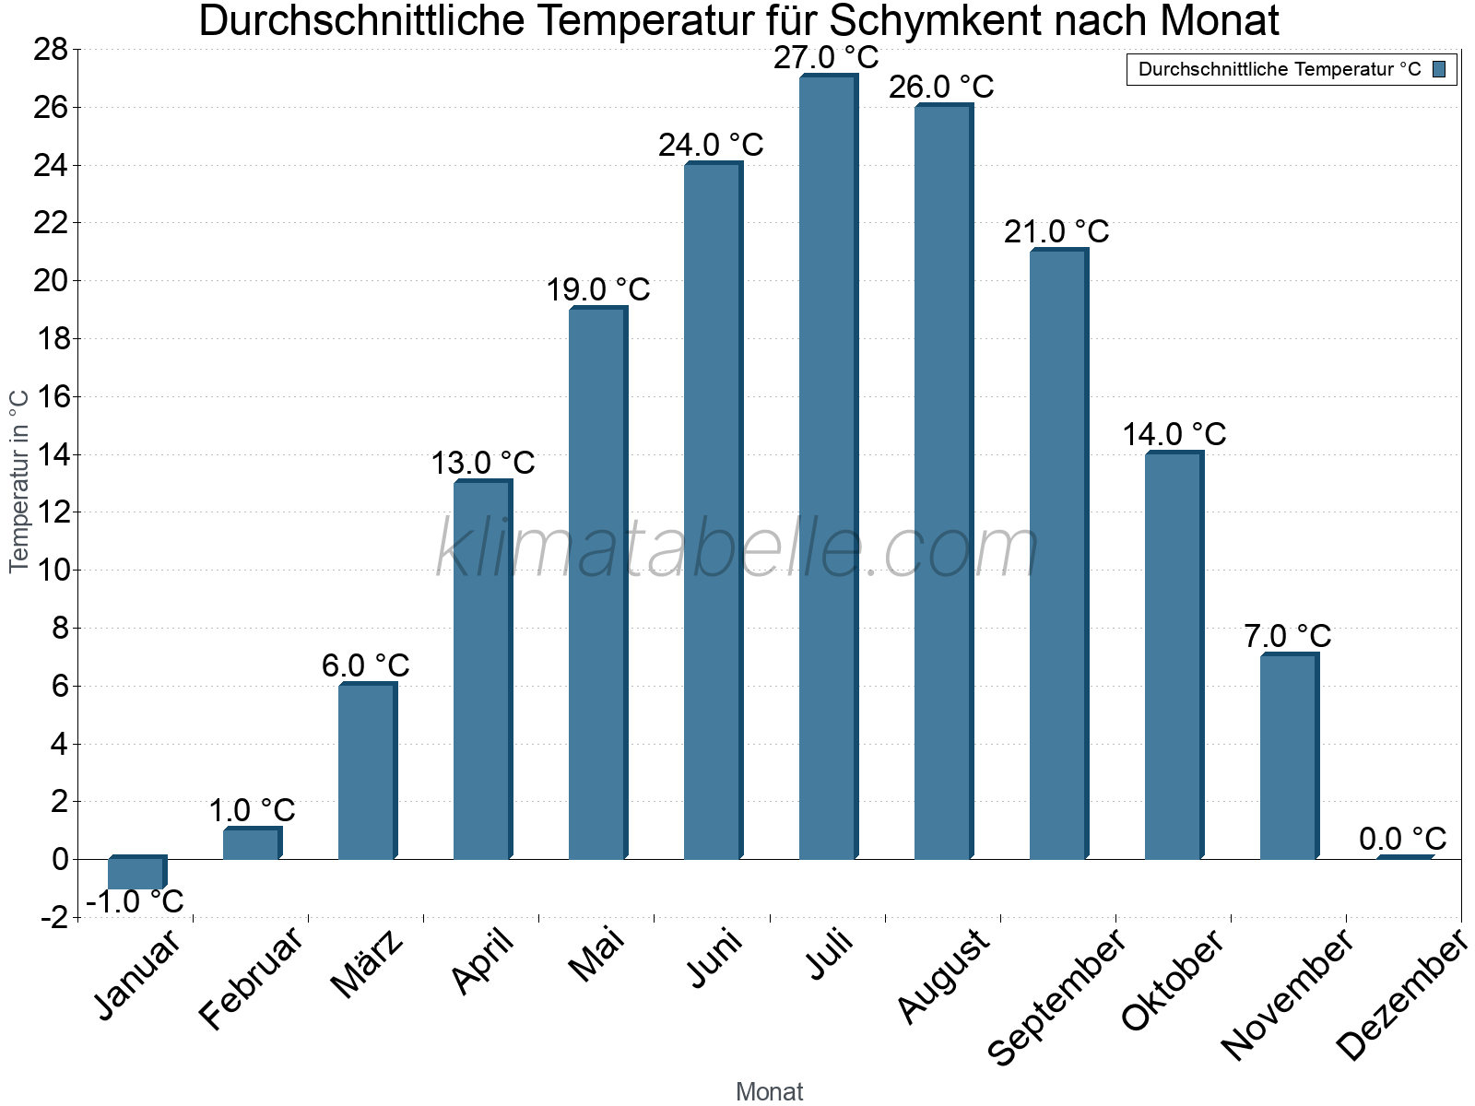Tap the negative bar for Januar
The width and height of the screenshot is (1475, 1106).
point(136,873)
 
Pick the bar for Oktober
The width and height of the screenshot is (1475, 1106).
point(1174,655)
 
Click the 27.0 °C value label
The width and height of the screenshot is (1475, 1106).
point(826,58)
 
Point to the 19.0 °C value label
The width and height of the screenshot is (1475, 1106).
point(598,290)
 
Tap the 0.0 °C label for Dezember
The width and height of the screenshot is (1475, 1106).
point(1402,840)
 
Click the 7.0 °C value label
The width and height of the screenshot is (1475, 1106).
point(1288,637)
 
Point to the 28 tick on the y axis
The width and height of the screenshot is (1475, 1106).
point(52,50)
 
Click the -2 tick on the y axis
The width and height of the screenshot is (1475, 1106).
point(53,918)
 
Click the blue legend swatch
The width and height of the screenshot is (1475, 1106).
point(1439,69)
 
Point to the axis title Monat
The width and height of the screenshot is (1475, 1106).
point(770,1092)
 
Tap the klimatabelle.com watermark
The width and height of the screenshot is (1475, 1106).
point(737,548)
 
